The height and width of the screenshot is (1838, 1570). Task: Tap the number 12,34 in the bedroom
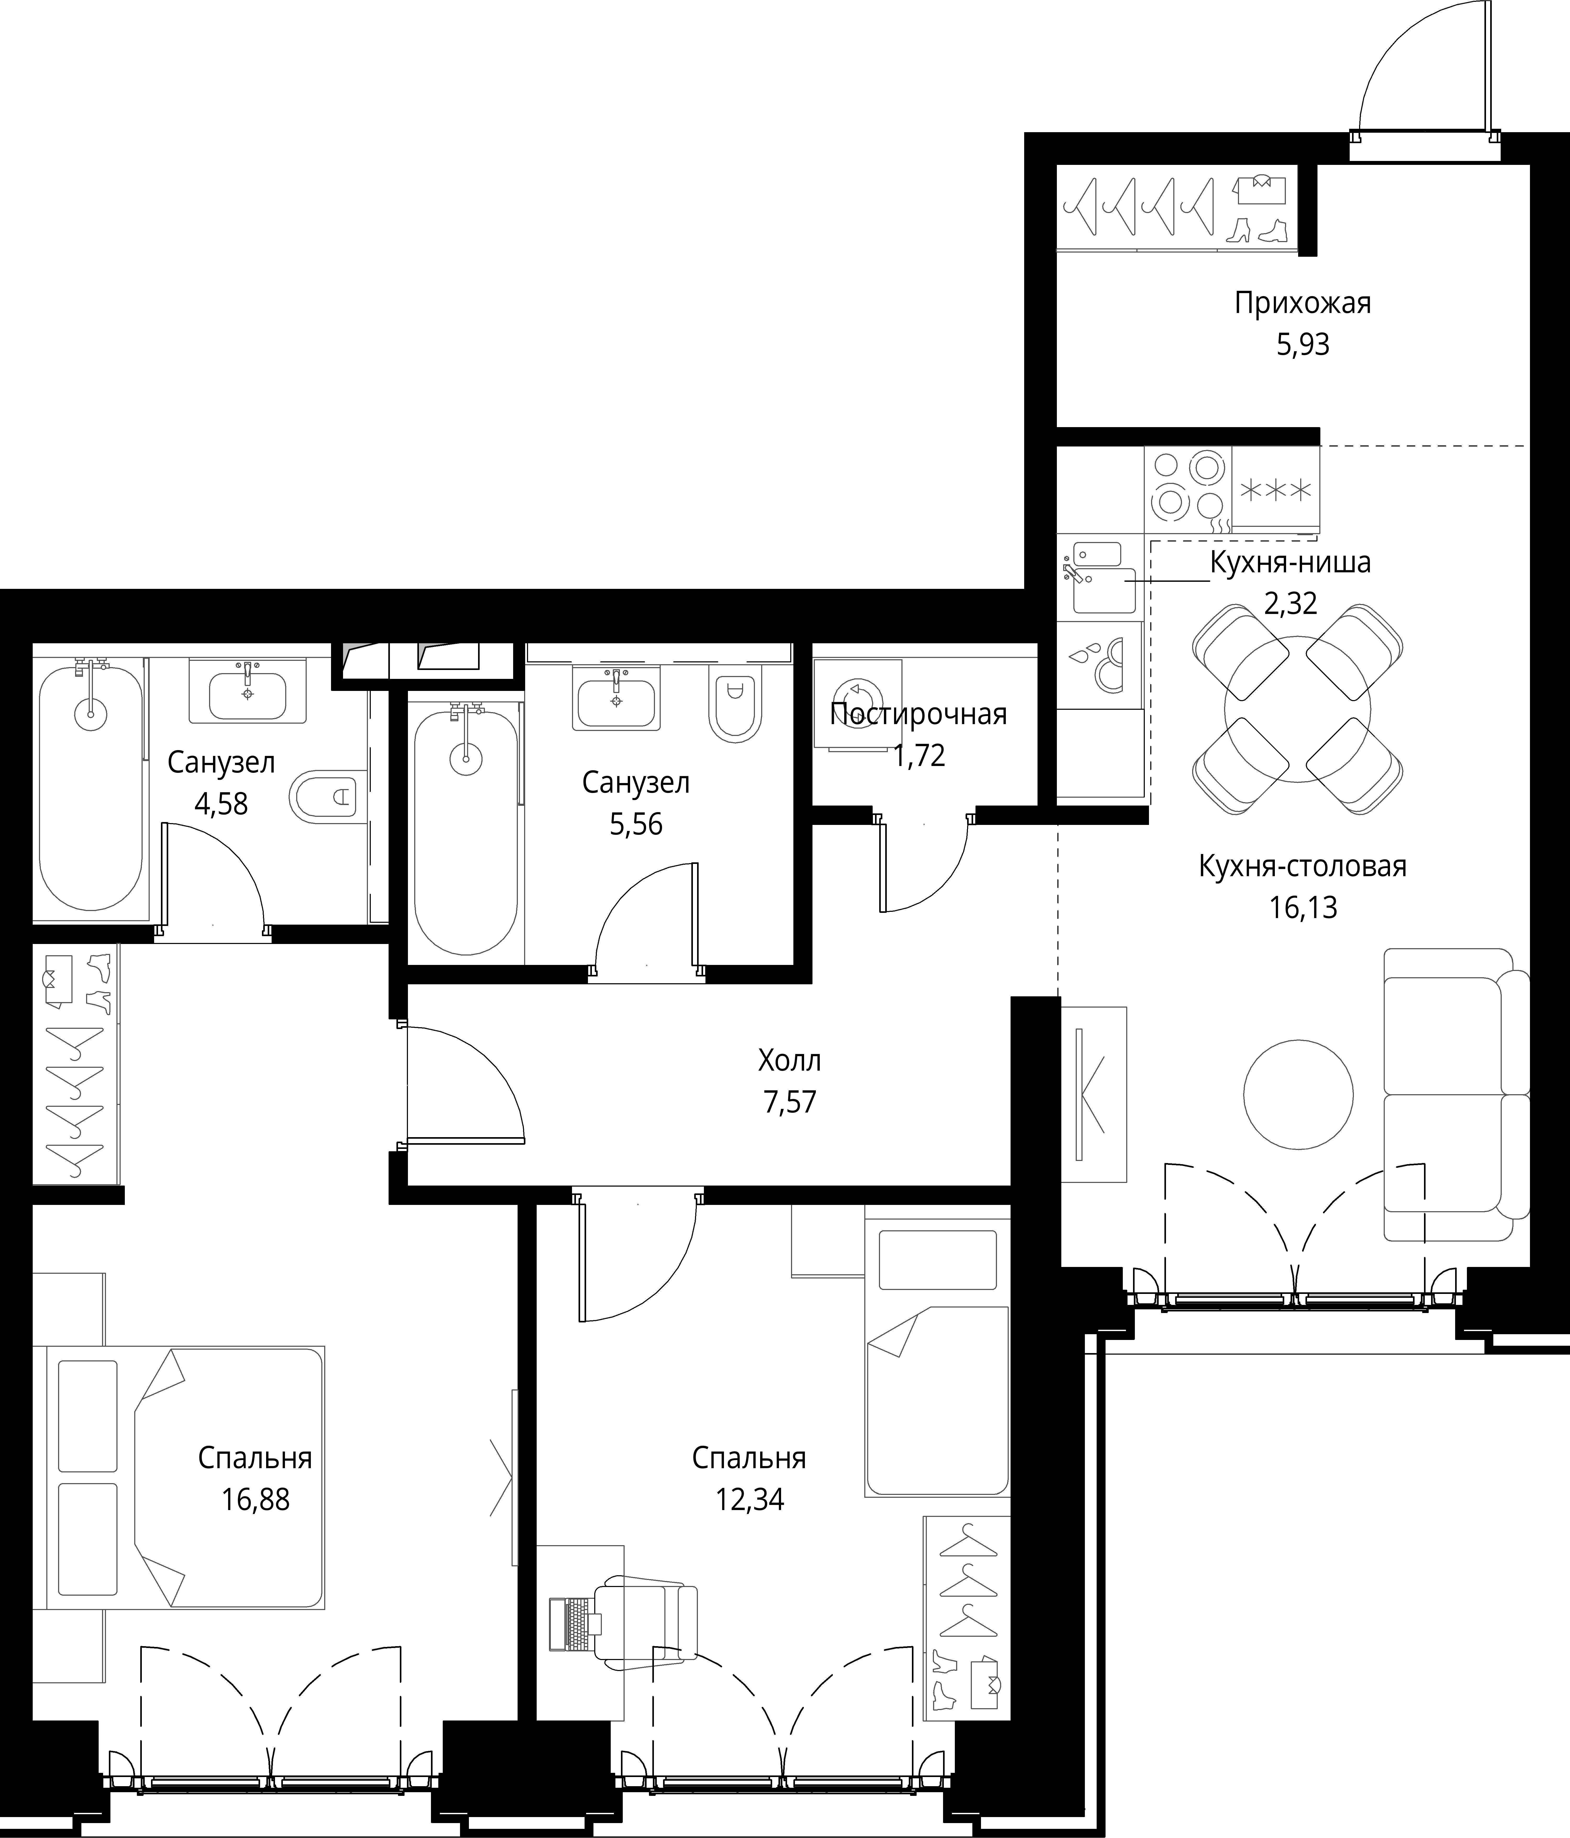(749, 1500)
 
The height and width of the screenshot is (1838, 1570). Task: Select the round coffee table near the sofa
(1298, 1094)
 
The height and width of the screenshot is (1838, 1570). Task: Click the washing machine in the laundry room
(858, 704)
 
